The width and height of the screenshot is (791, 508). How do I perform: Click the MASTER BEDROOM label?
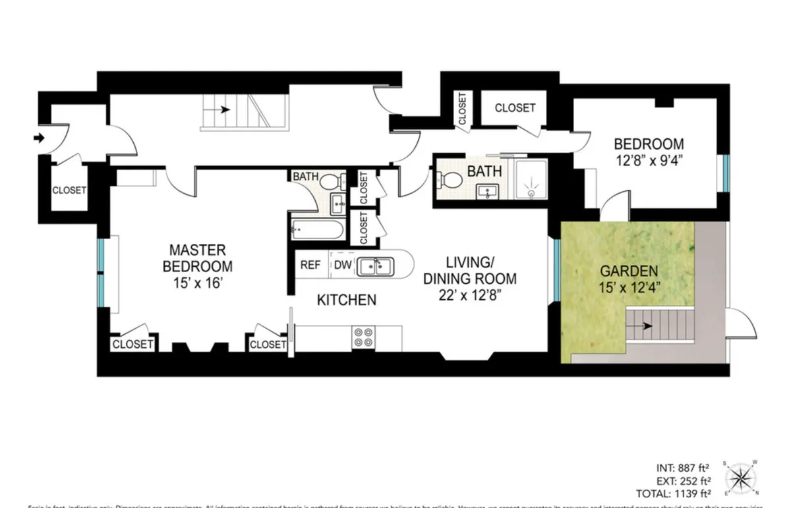[198, 258]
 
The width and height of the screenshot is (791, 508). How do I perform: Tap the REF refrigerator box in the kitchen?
[310, 265]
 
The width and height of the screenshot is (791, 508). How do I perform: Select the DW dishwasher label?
[343, 265]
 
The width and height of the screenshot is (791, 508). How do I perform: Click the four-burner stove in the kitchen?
[363, 337]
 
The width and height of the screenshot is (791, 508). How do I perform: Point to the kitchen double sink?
[374, 266]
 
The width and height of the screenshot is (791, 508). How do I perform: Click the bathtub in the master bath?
[316, 230]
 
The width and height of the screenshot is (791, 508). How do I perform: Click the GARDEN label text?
[628, 271]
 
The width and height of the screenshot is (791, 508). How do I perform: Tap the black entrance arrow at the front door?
[39, 138]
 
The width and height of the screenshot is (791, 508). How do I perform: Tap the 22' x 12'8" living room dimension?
[469, 295]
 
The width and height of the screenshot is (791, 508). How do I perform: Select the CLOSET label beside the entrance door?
[69, 190]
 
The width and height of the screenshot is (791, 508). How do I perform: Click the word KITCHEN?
[347, 300]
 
